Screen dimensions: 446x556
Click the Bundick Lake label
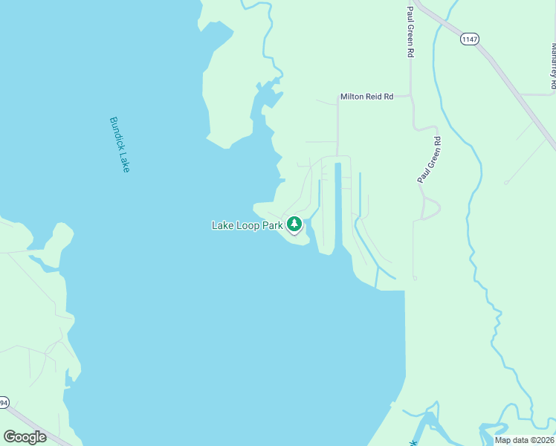click(x=120, y=144)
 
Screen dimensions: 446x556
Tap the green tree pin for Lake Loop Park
click(x=294, y=224)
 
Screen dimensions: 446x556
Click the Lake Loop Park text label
click(x=248, y=225)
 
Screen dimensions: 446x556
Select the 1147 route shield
click(x=468, y=39)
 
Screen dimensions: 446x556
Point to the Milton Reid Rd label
click(x=366, y=97)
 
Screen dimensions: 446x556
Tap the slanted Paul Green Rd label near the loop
click(x=429, y=160)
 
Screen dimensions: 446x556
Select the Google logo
click(x=25, y=437)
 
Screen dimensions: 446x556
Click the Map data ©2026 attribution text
click(x=523, y=440)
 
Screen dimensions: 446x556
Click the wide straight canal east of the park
click(x=338, y=208)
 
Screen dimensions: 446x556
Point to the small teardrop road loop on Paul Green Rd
click(x=430, y=208)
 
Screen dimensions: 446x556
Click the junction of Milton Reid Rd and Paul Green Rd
click(x=411, y=97)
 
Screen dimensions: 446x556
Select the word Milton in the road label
click(x=352, y=97)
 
